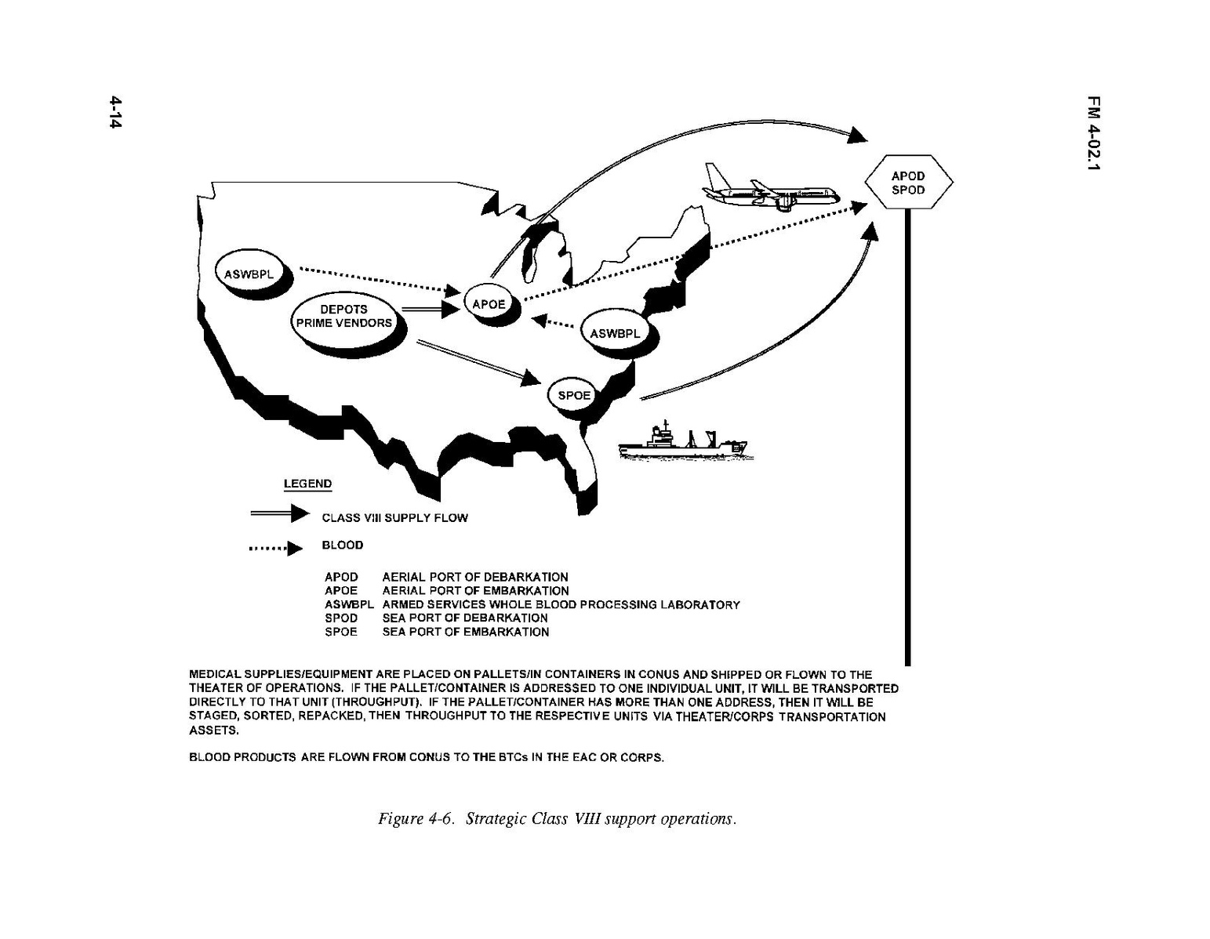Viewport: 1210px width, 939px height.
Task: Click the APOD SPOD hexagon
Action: point(908,182)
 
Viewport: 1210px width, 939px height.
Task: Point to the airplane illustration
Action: point(771,189)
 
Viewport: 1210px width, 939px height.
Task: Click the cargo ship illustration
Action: point(684,441)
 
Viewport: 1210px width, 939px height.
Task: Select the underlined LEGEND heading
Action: point(307,484)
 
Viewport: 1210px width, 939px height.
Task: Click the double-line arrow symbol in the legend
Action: point(279,513)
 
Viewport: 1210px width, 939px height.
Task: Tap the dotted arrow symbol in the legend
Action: point(276,549)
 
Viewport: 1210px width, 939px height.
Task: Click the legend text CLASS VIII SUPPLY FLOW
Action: point(394,518)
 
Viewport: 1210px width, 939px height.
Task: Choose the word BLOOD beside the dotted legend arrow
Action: point(343,546)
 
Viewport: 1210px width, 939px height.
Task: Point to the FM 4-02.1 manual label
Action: point(1094,141)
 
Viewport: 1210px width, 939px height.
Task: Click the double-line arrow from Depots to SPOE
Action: point(479,362)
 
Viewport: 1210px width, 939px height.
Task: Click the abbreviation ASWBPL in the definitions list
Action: point(349,604)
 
